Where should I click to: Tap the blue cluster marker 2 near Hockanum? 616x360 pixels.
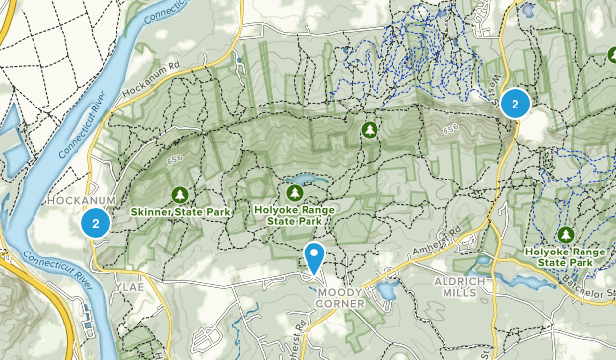(95, 223)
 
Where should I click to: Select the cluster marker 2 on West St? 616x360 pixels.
(514, 103)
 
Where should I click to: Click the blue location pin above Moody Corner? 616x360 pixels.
(314, 257)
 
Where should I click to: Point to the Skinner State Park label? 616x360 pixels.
(180, 212)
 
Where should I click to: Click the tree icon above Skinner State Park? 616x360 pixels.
(180, 194)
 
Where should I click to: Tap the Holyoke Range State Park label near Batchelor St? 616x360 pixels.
(565, 257)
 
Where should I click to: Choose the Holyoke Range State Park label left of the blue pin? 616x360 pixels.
(295, 215)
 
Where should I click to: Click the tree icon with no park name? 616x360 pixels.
(370, 129)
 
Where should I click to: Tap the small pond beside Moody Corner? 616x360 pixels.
(386, 291)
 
